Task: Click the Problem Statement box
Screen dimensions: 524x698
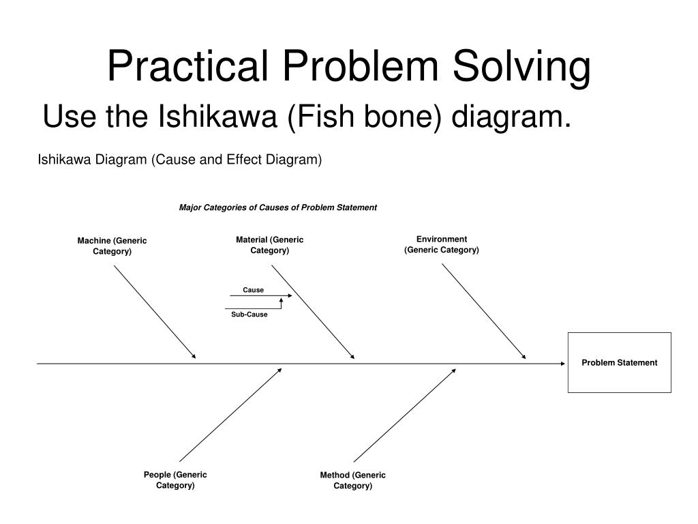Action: point(619,362)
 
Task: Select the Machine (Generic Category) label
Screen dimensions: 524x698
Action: point(112,246)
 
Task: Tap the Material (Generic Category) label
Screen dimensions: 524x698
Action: point(270,245)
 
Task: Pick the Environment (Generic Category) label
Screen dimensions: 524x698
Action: point(442,244)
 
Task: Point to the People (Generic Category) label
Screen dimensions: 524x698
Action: point(175,480)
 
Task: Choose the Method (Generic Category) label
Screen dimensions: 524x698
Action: point(352,480)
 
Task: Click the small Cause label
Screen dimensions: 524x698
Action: point(253,290)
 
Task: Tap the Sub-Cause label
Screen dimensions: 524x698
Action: point(249,315)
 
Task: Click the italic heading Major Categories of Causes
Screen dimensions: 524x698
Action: point(277,207)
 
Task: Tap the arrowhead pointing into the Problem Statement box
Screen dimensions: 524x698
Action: point(563,364)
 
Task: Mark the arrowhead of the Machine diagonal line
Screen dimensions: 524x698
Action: point(194,356)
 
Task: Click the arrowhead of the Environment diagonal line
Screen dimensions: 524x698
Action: point(523,356)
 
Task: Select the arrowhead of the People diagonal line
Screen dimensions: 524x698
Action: point(279,370)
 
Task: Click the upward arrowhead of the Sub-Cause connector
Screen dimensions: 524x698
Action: point(281,300)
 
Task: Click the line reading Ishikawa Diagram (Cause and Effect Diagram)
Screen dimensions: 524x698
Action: point(179,160)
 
